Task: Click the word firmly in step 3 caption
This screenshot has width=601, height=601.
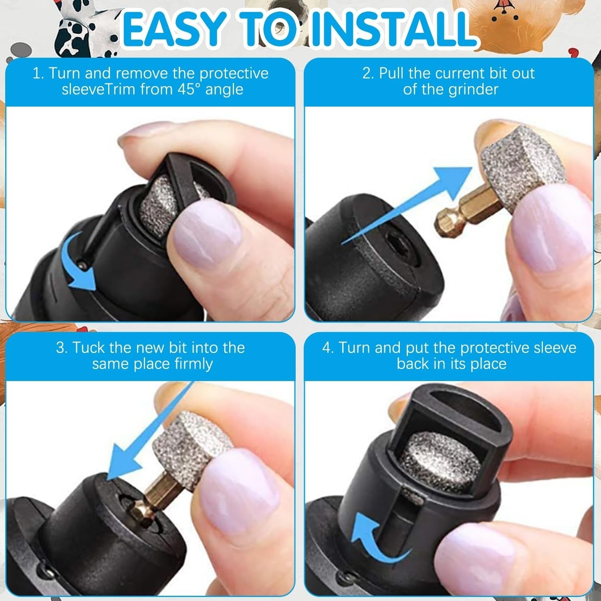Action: [194, 364]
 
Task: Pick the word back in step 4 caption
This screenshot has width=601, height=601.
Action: [412, 364]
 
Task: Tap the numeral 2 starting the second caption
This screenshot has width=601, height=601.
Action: [367, 73]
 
